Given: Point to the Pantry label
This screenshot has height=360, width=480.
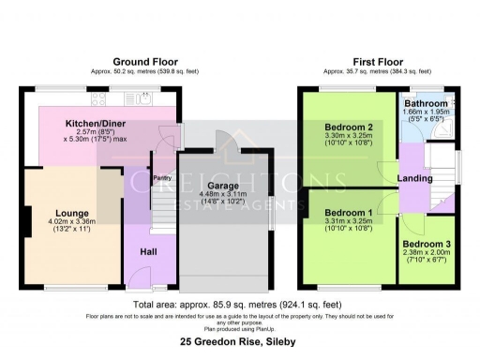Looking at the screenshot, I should [135, 175].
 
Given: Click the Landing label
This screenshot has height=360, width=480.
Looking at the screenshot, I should [413, 178].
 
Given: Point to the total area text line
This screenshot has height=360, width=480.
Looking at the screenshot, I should [240, 305].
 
